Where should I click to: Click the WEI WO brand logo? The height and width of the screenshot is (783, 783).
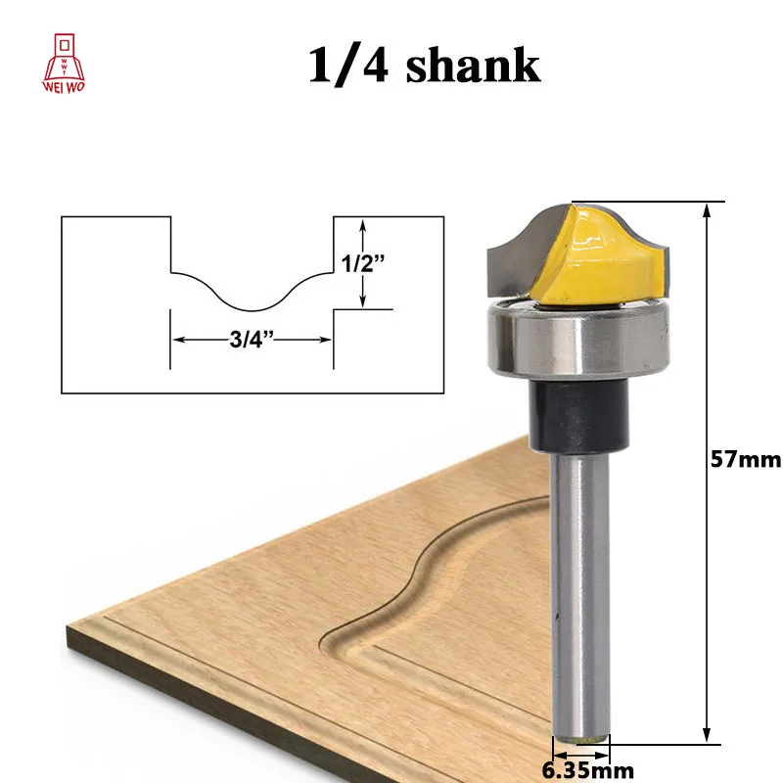[64, 63]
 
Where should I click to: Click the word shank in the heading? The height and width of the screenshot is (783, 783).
[473, 65]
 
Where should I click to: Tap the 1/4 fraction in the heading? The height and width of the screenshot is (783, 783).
[348, 66]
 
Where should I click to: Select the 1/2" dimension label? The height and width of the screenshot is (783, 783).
[363, 263]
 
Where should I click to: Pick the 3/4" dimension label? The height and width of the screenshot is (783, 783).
[252, 340]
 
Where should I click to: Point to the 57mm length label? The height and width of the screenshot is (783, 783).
[746, 459]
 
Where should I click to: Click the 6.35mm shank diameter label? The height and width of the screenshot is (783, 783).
[588, 770]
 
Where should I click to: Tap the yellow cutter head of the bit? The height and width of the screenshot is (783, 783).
[599, 259]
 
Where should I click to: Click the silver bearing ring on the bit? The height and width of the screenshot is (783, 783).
[577, 338]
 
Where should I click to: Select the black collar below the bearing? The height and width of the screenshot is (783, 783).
[577, 414]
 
